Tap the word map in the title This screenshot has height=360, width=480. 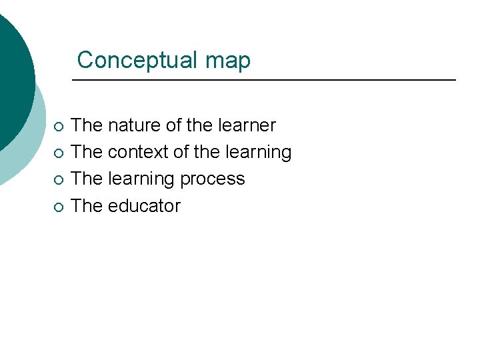pos(229,61)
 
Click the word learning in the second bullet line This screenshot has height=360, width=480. pos(258,153)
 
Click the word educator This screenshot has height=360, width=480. pos(144,205)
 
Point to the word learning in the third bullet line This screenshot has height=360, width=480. pos(141,179)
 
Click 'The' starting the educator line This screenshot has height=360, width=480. pos(87,205)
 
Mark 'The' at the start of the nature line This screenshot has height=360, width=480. pos(87,125)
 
